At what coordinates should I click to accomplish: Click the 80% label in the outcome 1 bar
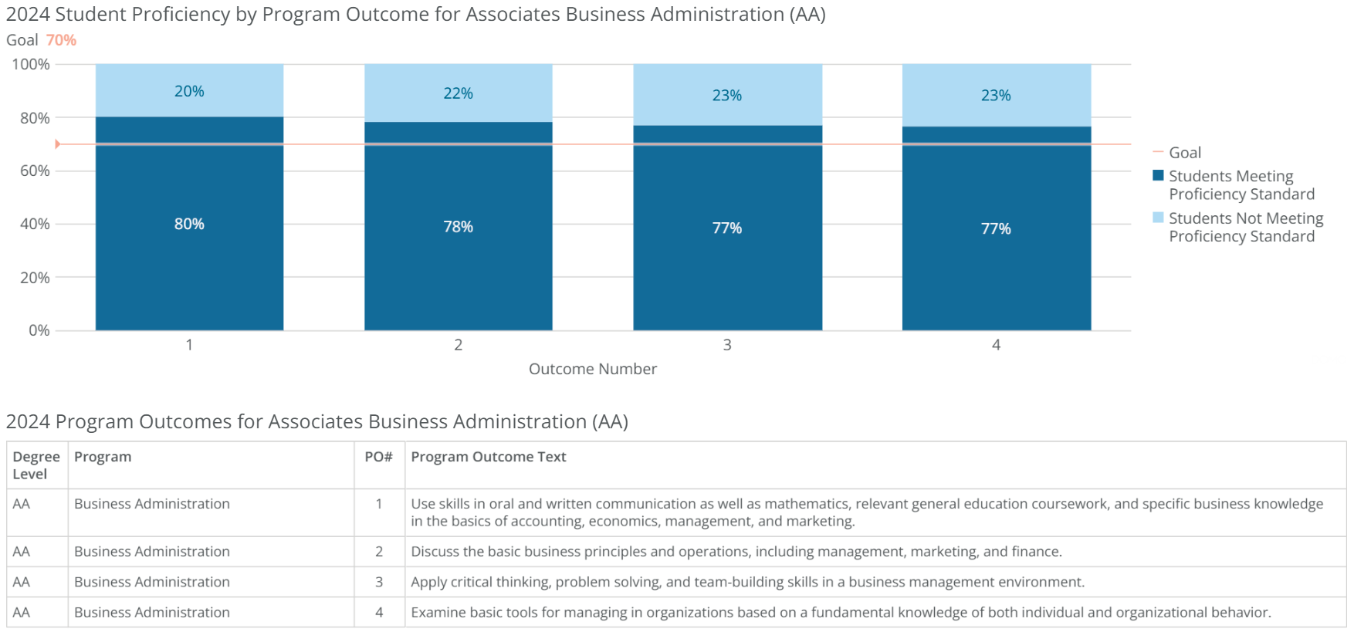189,224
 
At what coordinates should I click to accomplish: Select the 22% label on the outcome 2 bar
458,93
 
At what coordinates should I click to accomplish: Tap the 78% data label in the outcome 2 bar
458,227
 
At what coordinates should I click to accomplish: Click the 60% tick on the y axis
35,171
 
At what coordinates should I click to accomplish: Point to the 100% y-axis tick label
31,65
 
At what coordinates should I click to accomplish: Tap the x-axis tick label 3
726,345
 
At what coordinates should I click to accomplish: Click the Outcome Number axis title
592,369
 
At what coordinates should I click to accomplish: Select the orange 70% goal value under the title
61,40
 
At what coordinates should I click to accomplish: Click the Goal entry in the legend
1184,153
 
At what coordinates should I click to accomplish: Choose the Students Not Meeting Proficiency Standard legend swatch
1158,218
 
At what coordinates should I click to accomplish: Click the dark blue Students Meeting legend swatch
1158,175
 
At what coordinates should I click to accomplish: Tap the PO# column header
378,457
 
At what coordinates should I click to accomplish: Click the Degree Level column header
36,465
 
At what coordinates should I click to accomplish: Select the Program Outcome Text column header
488,457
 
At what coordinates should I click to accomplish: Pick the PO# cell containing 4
379,612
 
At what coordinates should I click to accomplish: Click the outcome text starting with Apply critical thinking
747,582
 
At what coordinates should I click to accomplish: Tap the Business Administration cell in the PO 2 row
152,551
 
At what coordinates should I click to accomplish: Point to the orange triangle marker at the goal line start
58,144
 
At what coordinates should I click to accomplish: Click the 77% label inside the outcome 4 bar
996,228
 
